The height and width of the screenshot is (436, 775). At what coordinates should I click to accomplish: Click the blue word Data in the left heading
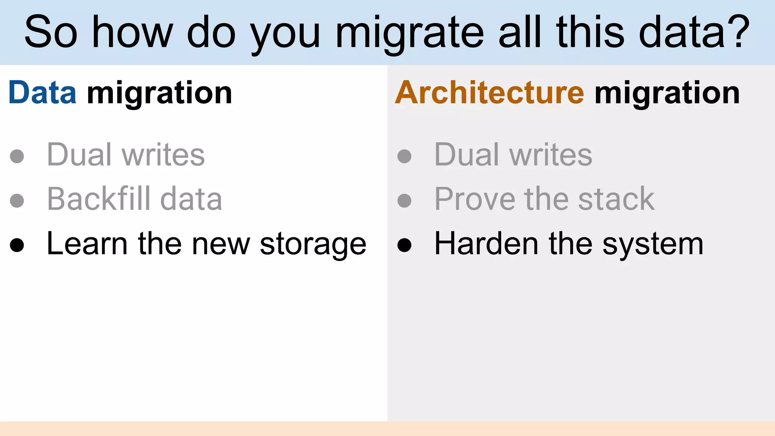(42, 93)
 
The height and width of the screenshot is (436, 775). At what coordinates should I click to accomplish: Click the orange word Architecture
(490, 93)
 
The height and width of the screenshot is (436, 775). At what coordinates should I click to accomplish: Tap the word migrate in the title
(409, 33)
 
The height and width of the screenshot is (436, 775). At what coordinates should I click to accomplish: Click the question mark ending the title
(737, 32)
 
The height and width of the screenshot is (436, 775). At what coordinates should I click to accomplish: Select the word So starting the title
(51, 33)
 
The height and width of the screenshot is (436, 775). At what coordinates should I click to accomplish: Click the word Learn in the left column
(87, 244)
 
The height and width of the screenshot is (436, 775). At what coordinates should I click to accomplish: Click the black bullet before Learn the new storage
(17, 245)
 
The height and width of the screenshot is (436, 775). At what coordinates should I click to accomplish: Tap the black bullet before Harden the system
(404, 245)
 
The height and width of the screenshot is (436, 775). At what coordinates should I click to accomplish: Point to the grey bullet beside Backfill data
(17, 201)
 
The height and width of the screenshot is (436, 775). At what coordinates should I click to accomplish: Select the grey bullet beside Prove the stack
(404, 201)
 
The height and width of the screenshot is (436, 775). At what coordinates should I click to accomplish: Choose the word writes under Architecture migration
(551, 155)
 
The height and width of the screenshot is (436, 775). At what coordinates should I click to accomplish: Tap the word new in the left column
(221, 244)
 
